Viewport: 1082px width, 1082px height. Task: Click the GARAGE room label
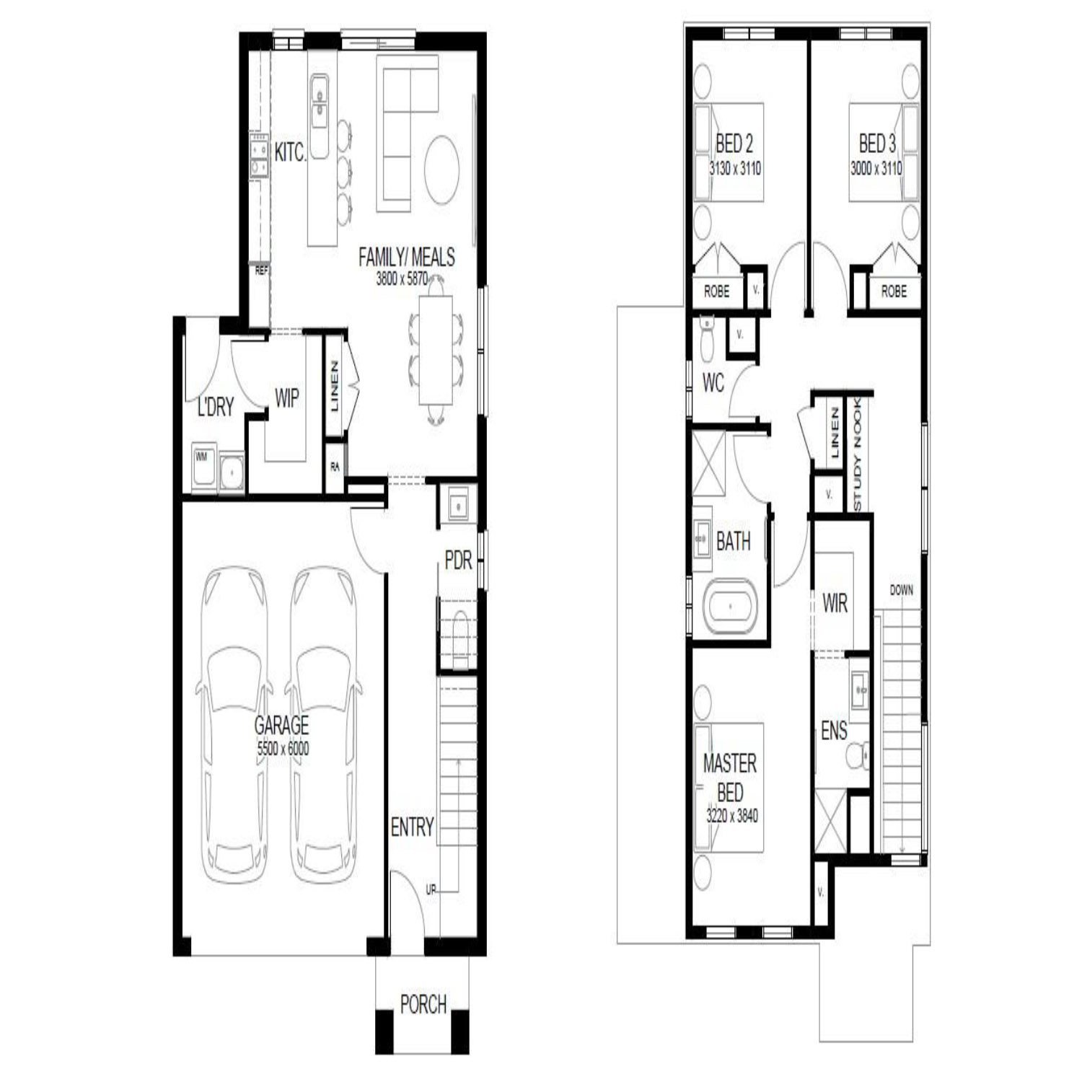pos(281,724)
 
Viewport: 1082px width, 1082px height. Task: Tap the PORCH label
pos(423,1003)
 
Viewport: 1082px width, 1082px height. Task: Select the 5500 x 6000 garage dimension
pos(283,749)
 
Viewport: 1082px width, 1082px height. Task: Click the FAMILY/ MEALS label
pos(407,257)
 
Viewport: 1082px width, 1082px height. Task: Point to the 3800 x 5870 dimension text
pos(402,279)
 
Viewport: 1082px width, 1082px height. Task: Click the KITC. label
pos(290,152)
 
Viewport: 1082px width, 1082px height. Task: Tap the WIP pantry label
pos(286,397)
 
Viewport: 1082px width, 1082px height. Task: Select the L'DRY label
pos(215,408)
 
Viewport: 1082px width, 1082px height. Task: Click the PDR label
pos(458,560)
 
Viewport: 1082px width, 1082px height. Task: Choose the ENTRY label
pos(412,827)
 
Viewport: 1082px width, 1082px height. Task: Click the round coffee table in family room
pos(441,170)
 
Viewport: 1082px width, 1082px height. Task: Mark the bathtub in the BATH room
pos(730,607)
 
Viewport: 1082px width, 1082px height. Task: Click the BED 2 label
pos(734,144)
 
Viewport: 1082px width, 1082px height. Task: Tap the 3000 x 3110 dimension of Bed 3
pos(876,169)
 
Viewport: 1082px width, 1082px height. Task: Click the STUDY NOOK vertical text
pos(858,454)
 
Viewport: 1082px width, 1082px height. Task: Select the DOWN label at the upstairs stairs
pos(901,590)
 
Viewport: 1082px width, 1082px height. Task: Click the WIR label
pos(835,603)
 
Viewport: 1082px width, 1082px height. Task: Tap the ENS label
pos(834,731)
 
